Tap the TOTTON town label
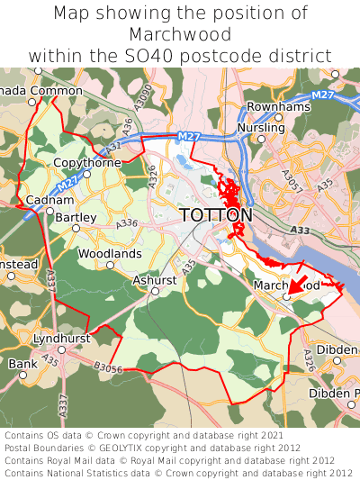216,216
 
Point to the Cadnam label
43,199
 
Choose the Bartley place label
76,217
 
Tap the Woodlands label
110,254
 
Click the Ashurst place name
155,281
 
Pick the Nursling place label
260,128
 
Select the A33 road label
301,231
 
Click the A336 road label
126,223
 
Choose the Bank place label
17,364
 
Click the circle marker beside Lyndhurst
61,349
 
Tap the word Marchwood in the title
180,34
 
